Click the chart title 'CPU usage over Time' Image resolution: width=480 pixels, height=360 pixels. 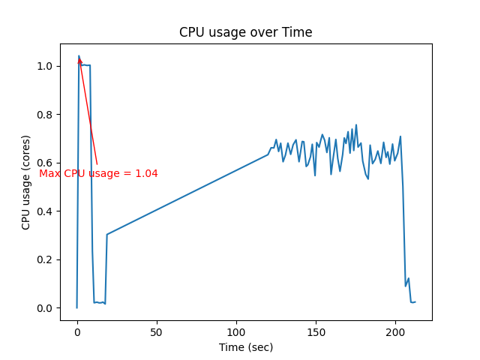pyautogui.click(x=245, y=32)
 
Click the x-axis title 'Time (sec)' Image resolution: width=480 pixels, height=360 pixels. pyautogui.click(x=245, y=347)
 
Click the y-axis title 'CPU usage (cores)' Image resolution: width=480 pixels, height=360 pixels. pyautogui.click(x=26, y=182)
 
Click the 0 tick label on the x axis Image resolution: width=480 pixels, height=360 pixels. pyautogui.click(x=77, y=331)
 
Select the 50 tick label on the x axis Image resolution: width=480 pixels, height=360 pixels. pyautogui.click(x=157, y=331)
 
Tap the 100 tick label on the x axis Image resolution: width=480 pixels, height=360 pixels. pyautogui.click(x=236, y=331)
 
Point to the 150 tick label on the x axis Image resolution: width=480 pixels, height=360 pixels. pyautogui.click(x=316, y=331)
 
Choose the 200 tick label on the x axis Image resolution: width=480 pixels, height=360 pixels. pyautogui.click(x=396, y=331)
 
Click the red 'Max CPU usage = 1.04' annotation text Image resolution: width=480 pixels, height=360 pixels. pyautogui.click(x=98, y=173)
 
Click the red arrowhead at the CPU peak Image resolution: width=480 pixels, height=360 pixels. pyautogui.click(x=79, y=61)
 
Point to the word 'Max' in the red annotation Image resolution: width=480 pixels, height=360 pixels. pyautogui.click(x=49, y=173)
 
